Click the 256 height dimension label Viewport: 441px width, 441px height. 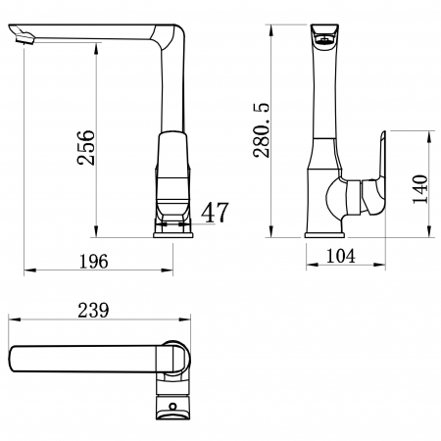86,147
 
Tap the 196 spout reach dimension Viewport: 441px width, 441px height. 94,262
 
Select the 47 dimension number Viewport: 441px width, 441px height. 215,213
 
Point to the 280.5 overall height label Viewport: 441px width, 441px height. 262,130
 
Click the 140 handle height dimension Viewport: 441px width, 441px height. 420,189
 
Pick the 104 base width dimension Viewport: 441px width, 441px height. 341,256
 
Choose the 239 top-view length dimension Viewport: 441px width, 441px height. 93,310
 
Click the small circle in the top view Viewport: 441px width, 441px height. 172,407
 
